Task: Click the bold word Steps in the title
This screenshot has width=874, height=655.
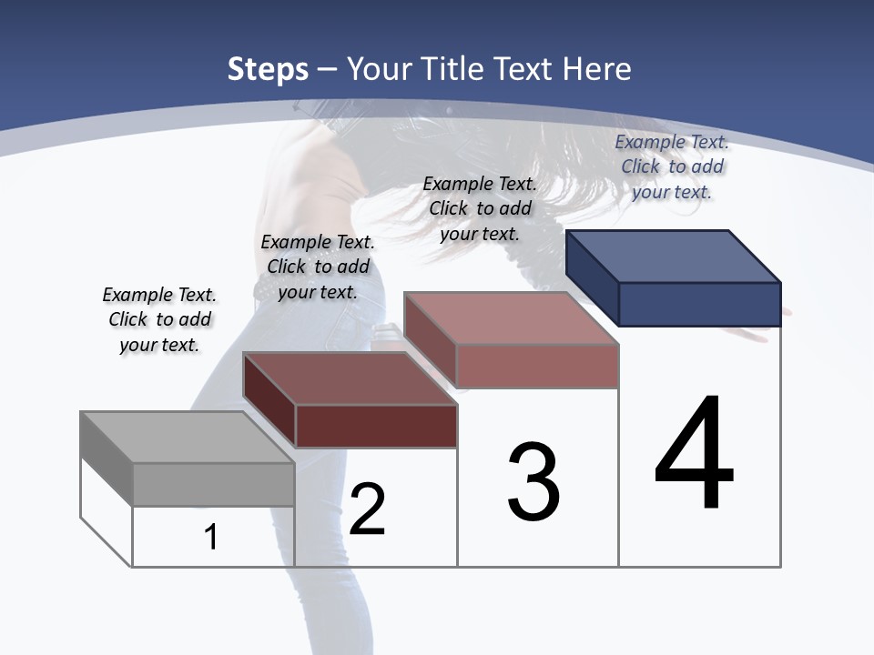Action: coord(268,69)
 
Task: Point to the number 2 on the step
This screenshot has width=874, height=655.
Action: coord(367,509)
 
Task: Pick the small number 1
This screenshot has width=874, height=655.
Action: coord(211,538)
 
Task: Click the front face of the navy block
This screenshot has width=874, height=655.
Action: coord(699,304)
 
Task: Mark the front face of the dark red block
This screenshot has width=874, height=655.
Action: coord(376,426)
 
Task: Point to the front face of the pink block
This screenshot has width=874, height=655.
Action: coord(537,367)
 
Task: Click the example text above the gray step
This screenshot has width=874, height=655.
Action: coord(159,319)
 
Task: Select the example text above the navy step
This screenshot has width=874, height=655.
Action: coord(672,166)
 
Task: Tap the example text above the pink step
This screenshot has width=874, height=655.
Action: coord(480,208)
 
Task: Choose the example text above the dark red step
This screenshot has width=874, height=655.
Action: coord(318,267)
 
